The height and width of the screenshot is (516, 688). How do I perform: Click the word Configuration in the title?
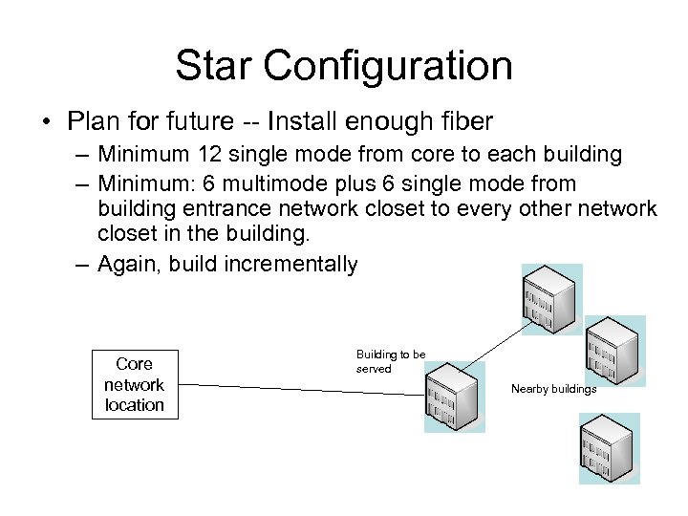coord(387,66)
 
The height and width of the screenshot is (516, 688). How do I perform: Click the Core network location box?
coord(134,385)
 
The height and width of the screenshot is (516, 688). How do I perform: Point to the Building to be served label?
coord(391,361)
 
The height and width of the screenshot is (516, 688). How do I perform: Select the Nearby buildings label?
coord(553,389)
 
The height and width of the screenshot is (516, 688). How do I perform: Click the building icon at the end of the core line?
coord(454,396)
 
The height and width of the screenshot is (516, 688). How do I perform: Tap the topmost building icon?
coord(550,299)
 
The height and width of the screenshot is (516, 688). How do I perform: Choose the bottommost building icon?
coord(608,448)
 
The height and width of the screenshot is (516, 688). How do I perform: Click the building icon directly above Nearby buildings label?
coord(614,350)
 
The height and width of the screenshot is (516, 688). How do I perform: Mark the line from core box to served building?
coord(296,387)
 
